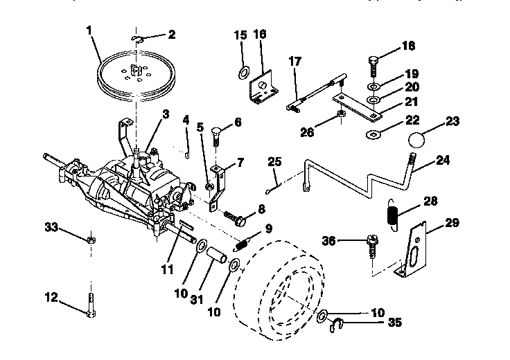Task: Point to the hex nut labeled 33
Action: tap(91, 240)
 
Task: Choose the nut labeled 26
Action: tap(341, 114)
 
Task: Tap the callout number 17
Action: tap(294, 62)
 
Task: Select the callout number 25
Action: tap(274, 162)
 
